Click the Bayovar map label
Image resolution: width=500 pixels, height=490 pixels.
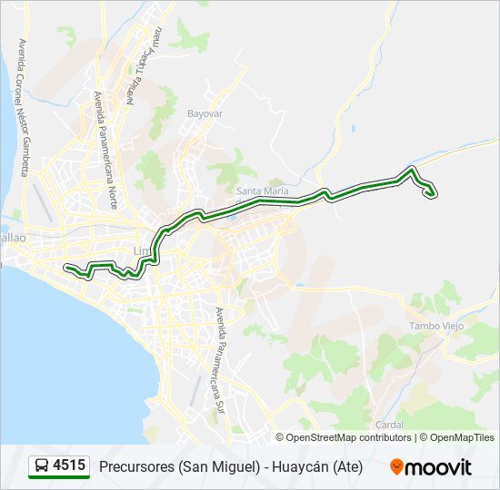click(x=205, y=114)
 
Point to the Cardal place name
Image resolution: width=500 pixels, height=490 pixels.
click(x=388, y=424)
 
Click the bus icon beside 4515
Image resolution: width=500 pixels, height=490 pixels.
click(x=41, y=466)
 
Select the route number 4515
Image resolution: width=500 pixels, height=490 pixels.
click(x=70, y=466)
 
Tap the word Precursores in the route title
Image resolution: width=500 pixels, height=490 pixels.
click(x=135, y=467)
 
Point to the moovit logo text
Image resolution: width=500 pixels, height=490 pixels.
click(x=440, y=467)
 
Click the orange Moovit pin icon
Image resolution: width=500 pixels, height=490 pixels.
click(x=396, y=467)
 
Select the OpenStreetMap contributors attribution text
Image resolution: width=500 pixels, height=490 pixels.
click(x=348, y=437)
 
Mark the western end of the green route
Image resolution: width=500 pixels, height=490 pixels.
click(x=66, y=267)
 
